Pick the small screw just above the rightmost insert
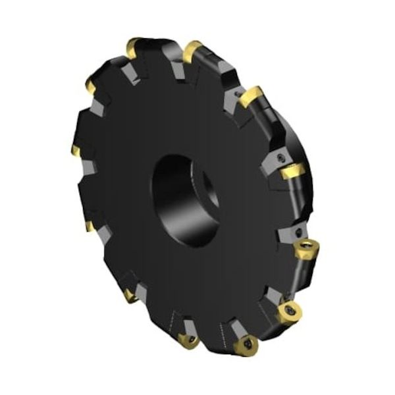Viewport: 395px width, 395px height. click(300, 232)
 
